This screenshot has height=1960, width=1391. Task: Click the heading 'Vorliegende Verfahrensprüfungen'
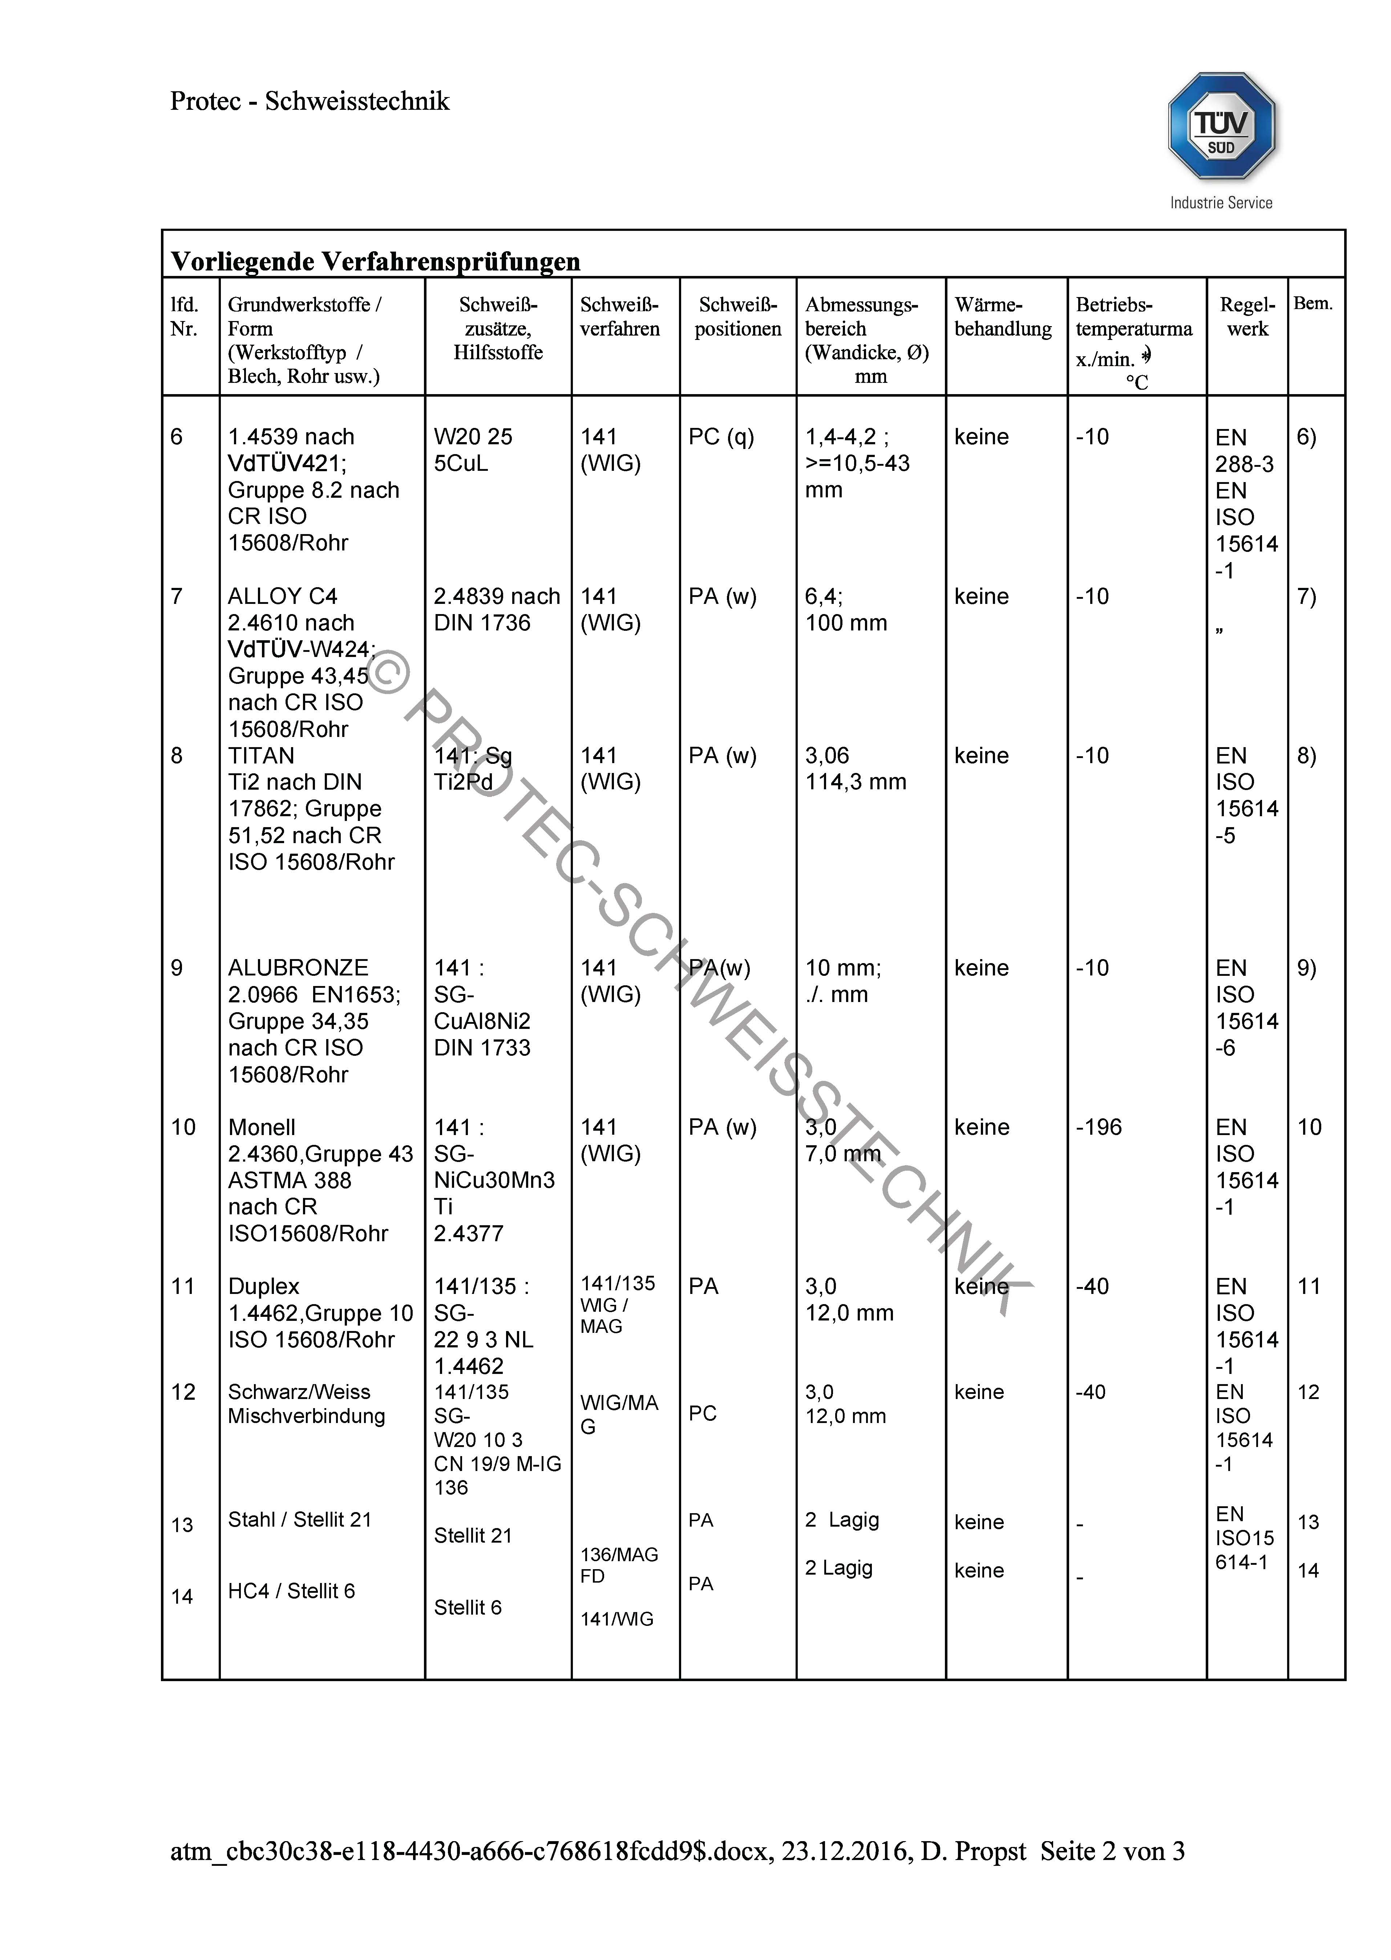(x=375, y=261)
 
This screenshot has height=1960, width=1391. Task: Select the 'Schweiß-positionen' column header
(x=737, y=317)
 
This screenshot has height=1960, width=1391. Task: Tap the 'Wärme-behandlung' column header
(x=1003, y=317)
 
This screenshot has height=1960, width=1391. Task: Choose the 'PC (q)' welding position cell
(x=721, y=437)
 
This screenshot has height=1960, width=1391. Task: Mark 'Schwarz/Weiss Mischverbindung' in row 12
(x=306, y=1404)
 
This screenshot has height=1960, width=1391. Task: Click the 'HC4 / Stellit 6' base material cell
(x=291, y=1591)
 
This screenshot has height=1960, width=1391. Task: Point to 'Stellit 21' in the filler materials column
(x=473, y=1535)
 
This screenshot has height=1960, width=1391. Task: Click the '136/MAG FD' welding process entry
(x=618, y=1565)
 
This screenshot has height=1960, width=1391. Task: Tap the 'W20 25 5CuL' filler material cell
(x=473, y=450)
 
